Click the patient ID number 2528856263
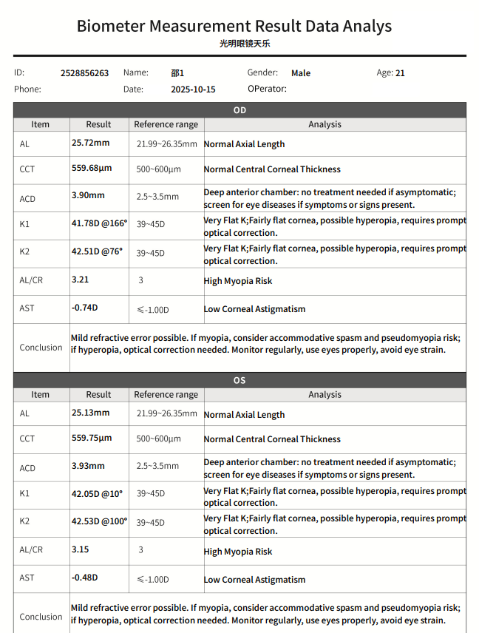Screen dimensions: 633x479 click(x=84, y=73)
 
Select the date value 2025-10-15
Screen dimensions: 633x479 click(x=193, y=89)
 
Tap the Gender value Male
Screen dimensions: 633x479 click(x=301, y=73)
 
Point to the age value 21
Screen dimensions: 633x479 click(x=400, y=73)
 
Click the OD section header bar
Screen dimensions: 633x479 click(x=239, y=110)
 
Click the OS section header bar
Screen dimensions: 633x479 click(x=239, y=380)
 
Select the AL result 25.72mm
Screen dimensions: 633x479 click(x=90, y=143)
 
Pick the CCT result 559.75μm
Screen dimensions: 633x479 click(x=92, y=438)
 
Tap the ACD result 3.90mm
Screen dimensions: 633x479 click(x=88, y=195)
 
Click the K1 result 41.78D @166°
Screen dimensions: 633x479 click(x=99, y=223)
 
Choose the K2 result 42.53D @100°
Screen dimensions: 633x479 click(x=99, y=521)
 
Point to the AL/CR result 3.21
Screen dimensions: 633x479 click(x=80, y=280)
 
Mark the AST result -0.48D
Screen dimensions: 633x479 click(x=84, y=578)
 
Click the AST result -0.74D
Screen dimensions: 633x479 click(x=84, y=308)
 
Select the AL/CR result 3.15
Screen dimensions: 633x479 click(x=80, y=549)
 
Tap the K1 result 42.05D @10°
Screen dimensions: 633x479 click(x=97, y=493)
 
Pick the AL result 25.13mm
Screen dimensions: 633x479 click(x=90, y=413)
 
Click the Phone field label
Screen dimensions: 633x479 click(x=27, y=89)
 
